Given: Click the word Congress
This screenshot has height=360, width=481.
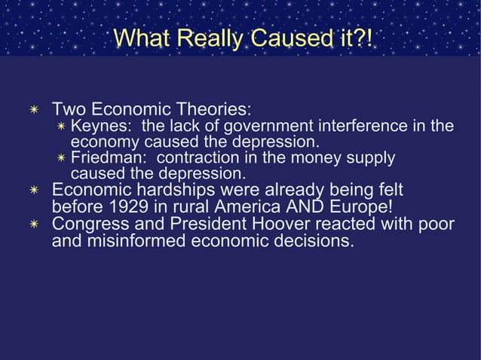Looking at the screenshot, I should (90, 224).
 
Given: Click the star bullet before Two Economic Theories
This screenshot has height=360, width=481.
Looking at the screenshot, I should (32, 109).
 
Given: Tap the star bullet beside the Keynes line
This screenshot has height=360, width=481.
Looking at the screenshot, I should (63, 127).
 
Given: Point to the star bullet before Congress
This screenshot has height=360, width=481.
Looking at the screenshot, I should (32, 225).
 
